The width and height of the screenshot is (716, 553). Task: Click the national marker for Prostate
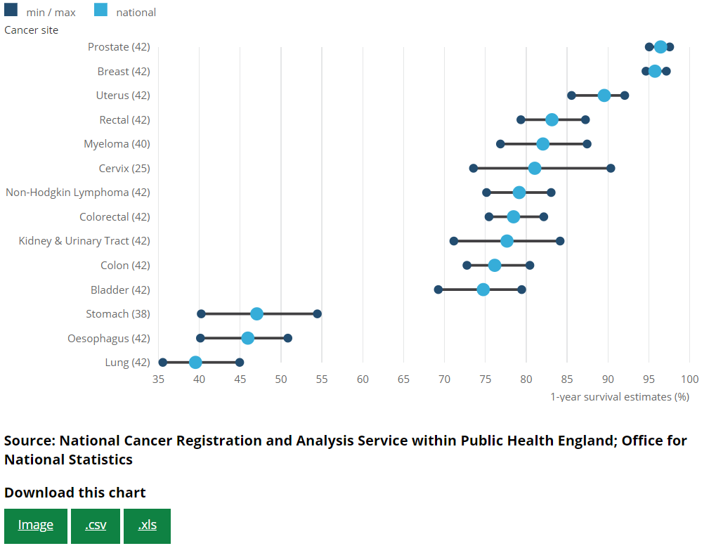[660, 47]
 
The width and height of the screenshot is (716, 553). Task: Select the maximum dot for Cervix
[611, 169]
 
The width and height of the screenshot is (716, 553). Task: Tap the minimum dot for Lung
[163, 363]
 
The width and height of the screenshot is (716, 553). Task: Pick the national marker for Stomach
[257, 314]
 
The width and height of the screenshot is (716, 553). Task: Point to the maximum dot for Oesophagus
[288, 339]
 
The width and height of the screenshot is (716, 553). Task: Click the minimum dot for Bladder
[438, 289]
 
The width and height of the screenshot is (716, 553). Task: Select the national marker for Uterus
[604, 96]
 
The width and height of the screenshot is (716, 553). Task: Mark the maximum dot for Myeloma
[587, 144]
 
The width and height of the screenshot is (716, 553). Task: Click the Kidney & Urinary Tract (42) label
[84, 241]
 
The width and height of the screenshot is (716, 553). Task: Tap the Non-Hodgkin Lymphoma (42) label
[78, 193]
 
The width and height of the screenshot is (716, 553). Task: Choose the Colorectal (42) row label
[115, 217]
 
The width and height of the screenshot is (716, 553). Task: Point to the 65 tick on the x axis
[403, 379]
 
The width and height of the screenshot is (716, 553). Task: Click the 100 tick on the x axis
[690, 379]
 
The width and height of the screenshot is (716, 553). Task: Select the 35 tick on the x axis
[159, 379]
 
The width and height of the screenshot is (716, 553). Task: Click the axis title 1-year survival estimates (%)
[619, 397]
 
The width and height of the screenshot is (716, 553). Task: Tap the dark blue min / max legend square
[11, 11]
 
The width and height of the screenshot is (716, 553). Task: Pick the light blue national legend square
[101, 11]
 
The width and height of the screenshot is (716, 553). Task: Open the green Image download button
[36, 526]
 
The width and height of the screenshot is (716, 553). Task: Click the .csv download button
[96, 526]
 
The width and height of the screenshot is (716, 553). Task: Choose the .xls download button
[147, 526]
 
